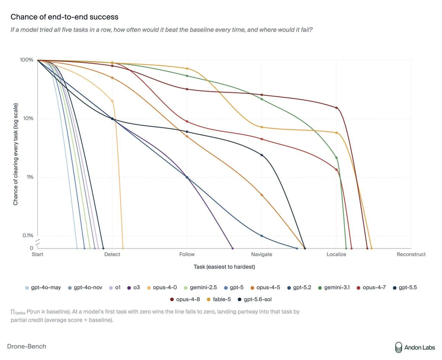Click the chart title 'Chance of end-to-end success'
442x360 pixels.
click(x=64, y=17)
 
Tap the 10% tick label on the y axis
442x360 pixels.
click(x=28, y=118)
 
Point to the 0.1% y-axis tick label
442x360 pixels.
click(x=28, y=235)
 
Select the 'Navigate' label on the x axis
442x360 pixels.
click(x=261, y=254)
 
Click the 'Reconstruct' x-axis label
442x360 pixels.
click(x=411, y=254)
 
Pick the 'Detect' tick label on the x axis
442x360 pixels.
click(x=112, y=254)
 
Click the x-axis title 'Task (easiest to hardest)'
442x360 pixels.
click(x=224, y=267)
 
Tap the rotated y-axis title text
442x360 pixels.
click(x=16, y=154)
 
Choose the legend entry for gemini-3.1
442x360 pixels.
click(x=334, y=288)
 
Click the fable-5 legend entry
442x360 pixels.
click(x=219, y=299)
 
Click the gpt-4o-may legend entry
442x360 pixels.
click(x=43, y=288)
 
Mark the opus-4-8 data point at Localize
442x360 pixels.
click(x=336, y=108)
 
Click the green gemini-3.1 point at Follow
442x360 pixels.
click(x=187, y=76)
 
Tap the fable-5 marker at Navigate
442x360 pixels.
click(x=262, y=127)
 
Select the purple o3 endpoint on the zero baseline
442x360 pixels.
click(x=232, y=248)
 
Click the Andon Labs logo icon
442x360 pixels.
click(x=398, y=347)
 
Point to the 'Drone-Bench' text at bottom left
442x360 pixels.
click(x=27, y=347)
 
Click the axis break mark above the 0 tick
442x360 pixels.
click(x=38, y=242)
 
